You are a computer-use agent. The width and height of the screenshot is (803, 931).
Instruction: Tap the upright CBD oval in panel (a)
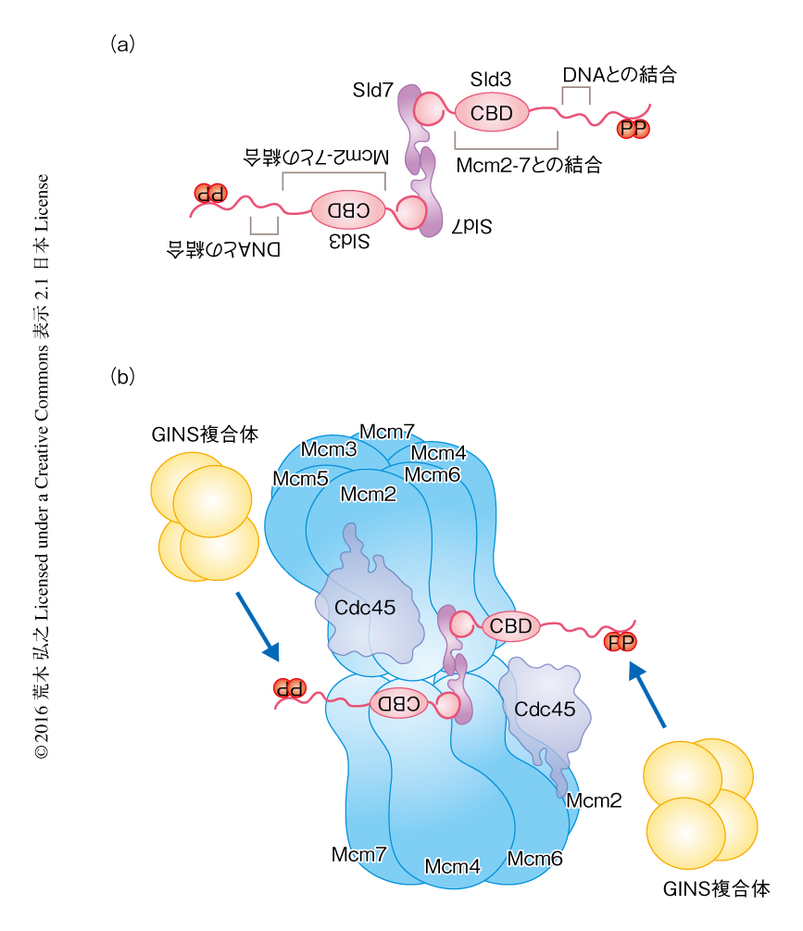click(x=492, y=113)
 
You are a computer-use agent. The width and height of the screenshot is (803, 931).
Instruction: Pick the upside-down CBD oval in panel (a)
click(x=348, y=209)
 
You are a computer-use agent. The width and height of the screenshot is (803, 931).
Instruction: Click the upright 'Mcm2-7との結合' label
click(x=529, y=165)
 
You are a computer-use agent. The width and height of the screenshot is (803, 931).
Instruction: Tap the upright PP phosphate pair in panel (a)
click(x=634, y=127)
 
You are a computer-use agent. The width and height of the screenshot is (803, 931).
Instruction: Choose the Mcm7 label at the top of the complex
click(x=387, y=432)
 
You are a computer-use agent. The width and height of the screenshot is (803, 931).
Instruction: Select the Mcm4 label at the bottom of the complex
click(x=452, y=867)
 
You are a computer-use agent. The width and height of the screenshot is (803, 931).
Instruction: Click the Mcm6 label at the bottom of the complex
click(x=534, y=858)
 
